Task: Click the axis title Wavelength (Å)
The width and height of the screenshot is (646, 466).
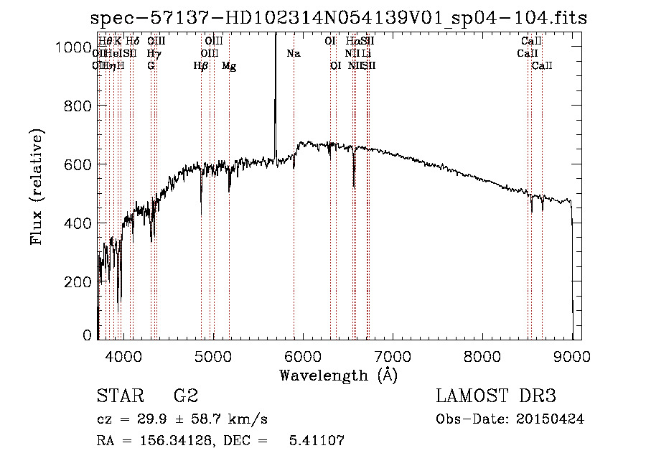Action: coord(338,375)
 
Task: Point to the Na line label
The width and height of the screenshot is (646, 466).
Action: coord(293,53)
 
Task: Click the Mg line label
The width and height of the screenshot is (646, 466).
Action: coord(229,66)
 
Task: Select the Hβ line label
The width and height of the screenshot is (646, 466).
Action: coord(201,66)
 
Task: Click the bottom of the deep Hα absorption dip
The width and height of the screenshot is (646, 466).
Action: coord(354,187)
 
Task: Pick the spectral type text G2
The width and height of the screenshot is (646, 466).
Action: coord(185,396)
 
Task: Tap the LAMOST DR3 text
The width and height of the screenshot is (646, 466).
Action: coord(495,396)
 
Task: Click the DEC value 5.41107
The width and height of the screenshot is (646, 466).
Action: coord(317,441)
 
